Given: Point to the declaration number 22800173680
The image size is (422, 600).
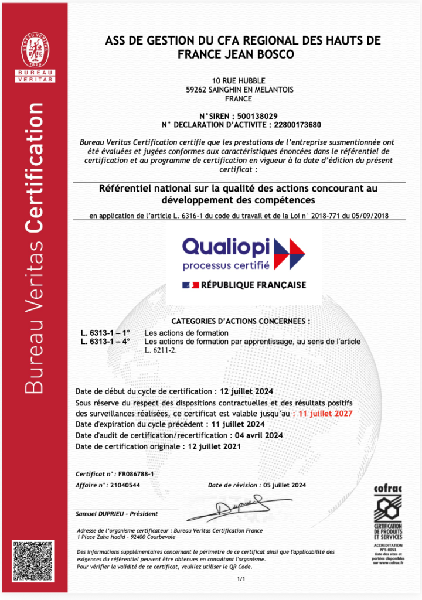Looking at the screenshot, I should [x=295, y=124].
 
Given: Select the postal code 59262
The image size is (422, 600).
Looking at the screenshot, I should [x=196, y=90].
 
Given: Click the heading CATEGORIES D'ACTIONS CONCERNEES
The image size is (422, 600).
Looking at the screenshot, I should [x=240, y=322].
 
